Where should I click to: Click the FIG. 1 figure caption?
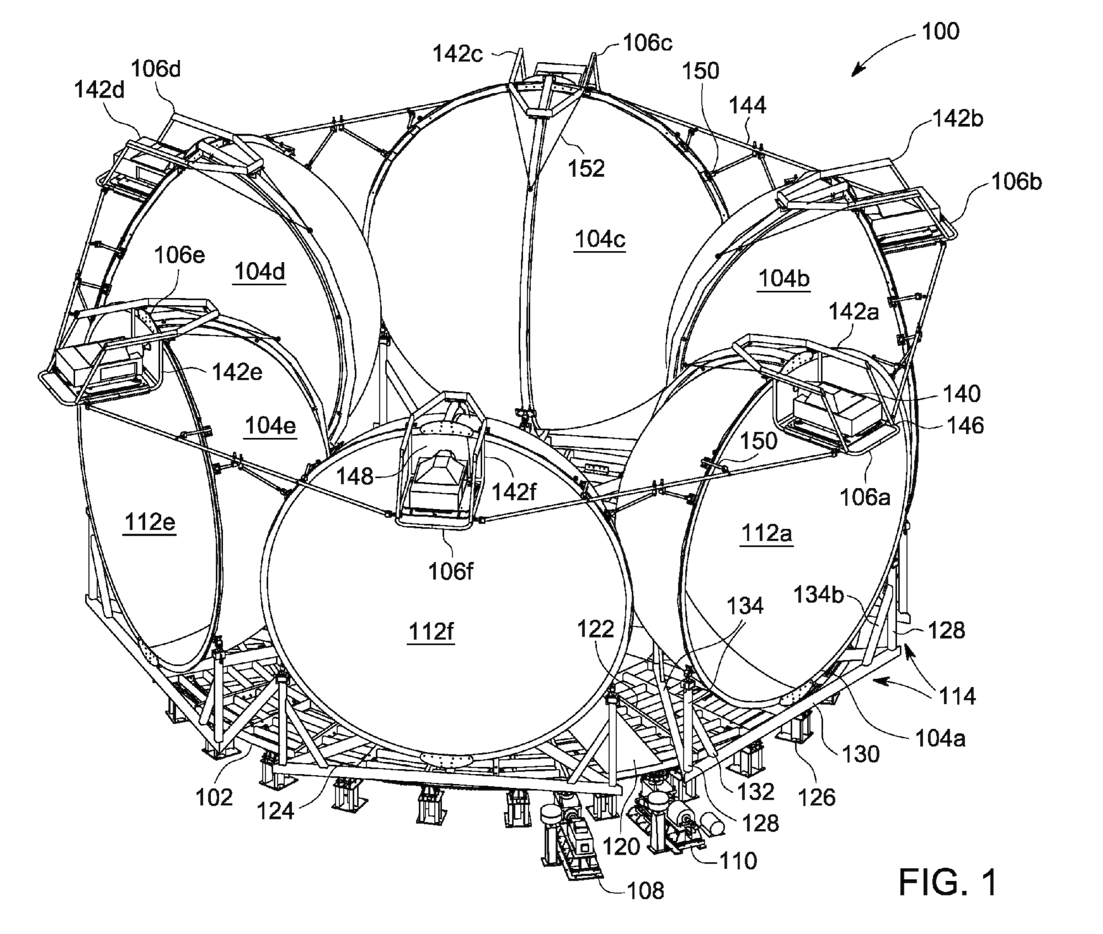pos(947,882)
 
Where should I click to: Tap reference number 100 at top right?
pos(941,31)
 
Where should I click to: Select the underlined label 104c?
pos(600,240)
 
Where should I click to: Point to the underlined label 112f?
pos(431,631)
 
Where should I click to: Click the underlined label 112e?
pos(149,521)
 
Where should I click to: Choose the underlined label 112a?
pos(766,533)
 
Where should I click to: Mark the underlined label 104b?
pos(784,279)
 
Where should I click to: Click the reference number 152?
pos(587,168)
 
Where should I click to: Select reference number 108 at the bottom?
pos(646,890)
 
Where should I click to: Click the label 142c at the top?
pos(458,54)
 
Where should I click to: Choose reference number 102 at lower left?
pos(215,796)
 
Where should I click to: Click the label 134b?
pos(818,595)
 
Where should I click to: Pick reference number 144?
pos(748,105)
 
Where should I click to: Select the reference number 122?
pos(596,629)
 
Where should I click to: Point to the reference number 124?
pos(276,811)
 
